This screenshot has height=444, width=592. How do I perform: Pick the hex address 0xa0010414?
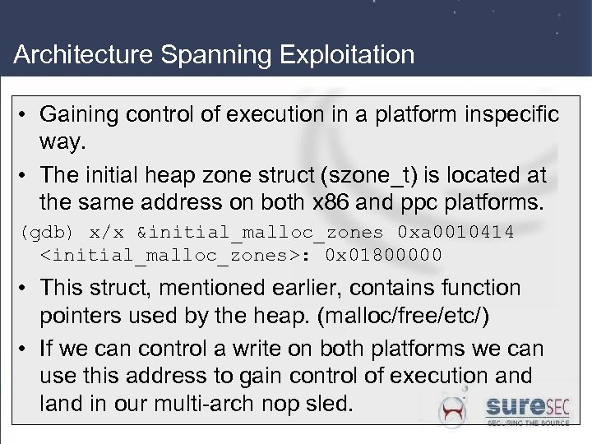pos(456,233)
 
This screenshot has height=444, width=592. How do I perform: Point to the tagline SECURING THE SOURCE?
pos(527,423)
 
